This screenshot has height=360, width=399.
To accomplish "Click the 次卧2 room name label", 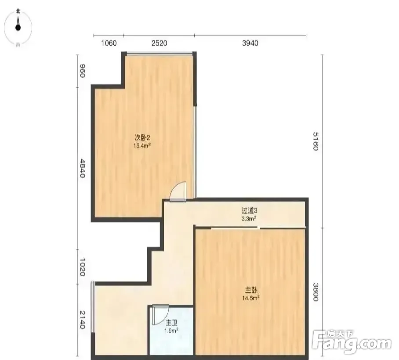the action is (x=142, y=138).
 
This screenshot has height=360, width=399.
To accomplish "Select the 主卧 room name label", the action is (x=251, y=290).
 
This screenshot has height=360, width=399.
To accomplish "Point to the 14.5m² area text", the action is (x=250, y=298).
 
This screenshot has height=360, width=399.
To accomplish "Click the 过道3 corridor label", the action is (x=250, y=210).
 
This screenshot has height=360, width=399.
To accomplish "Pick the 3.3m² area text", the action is (x=249, y=218).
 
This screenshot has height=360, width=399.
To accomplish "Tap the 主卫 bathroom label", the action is (x=171, y=323).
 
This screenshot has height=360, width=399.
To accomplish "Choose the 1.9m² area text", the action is (x=171, y=331).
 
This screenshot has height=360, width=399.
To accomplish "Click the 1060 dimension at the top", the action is (x=109, y=43).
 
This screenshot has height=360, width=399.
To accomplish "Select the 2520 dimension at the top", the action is (x=160, y=43).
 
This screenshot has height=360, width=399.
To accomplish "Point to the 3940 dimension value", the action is (x=250, y=43).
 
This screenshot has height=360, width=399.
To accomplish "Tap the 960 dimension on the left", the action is (x=82, y=71).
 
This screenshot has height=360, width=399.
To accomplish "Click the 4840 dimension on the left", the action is (x=82, y=168).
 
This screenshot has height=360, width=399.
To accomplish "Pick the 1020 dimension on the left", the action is (x=82, y=267).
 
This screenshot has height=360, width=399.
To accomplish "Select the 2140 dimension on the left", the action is (x=82, y=320).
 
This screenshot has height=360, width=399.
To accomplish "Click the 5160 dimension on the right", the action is (x=316, y=141).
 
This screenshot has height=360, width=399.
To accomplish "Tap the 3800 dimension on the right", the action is (x=316, y=292).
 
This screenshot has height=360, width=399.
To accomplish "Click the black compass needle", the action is (x=18, y=24).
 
